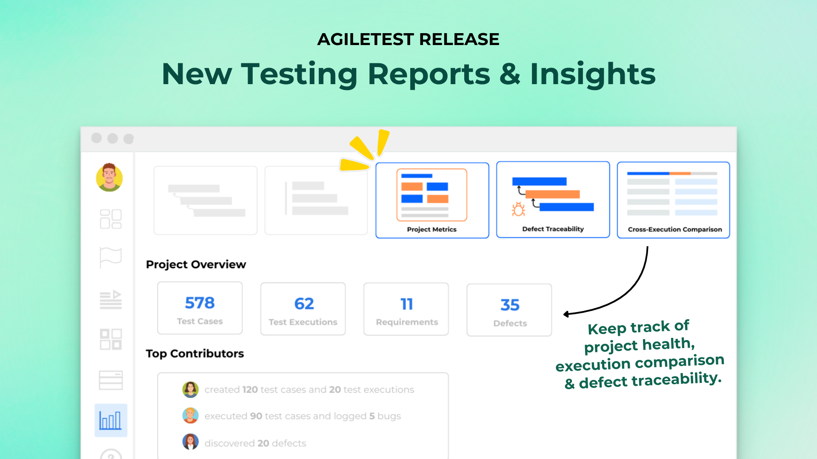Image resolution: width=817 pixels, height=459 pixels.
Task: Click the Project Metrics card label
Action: (431, 229)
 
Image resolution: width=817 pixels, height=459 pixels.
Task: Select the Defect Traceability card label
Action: (553, 229)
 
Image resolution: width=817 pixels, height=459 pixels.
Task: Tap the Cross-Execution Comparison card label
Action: (675, 229)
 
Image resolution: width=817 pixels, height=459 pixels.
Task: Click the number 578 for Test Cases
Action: (200, 303)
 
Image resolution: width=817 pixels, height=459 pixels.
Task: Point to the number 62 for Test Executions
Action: (304, 304)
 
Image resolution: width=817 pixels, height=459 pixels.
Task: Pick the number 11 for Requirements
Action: (407, 304)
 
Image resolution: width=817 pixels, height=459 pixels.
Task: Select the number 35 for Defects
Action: (510, 305)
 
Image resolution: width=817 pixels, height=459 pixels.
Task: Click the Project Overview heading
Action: (196, 264)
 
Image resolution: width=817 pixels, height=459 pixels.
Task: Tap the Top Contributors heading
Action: (194, 354)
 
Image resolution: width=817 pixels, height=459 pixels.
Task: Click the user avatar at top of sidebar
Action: (109, 177)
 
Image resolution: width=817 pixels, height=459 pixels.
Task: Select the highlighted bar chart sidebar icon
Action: (111, 420)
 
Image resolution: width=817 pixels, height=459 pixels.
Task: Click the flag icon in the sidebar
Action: (111, 257)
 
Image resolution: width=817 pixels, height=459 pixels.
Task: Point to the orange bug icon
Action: (518, 209)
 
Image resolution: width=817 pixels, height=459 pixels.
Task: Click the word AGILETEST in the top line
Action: (366, 40)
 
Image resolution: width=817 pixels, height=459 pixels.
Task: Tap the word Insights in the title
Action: (592, 74)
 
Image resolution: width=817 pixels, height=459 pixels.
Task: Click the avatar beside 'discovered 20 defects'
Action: (190, 442)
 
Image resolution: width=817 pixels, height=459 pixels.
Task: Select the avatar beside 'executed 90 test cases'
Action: (190, 416)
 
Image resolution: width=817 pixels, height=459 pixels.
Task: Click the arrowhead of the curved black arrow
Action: (566, 314)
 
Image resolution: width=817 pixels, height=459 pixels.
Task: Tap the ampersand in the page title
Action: (510, 74)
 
